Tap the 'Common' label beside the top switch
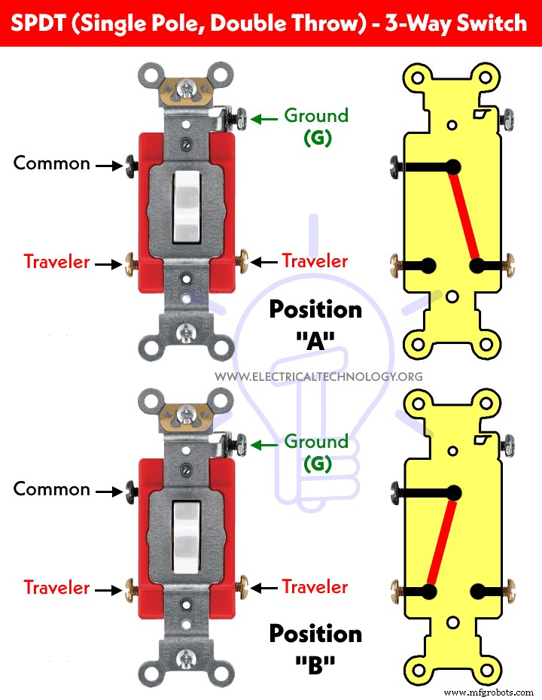coord(51,163)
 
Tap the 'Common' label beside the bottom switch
coord(51,489)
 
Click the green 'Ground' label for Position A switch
coord(315,116)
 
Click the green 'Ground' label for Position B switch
coord(315,442)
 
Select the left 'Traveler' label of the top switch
coord(56,262)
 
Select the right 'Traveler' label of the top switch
coord(315,261)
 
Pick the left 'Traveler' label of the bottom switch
coord(56,587)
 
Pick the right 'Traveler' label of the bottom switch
coord(315,587)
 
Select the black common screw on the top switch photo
coord(131,163)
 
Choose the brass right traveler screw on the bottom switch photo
coord(243,587)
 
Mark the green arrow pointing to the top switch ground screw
coord(263,118)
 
